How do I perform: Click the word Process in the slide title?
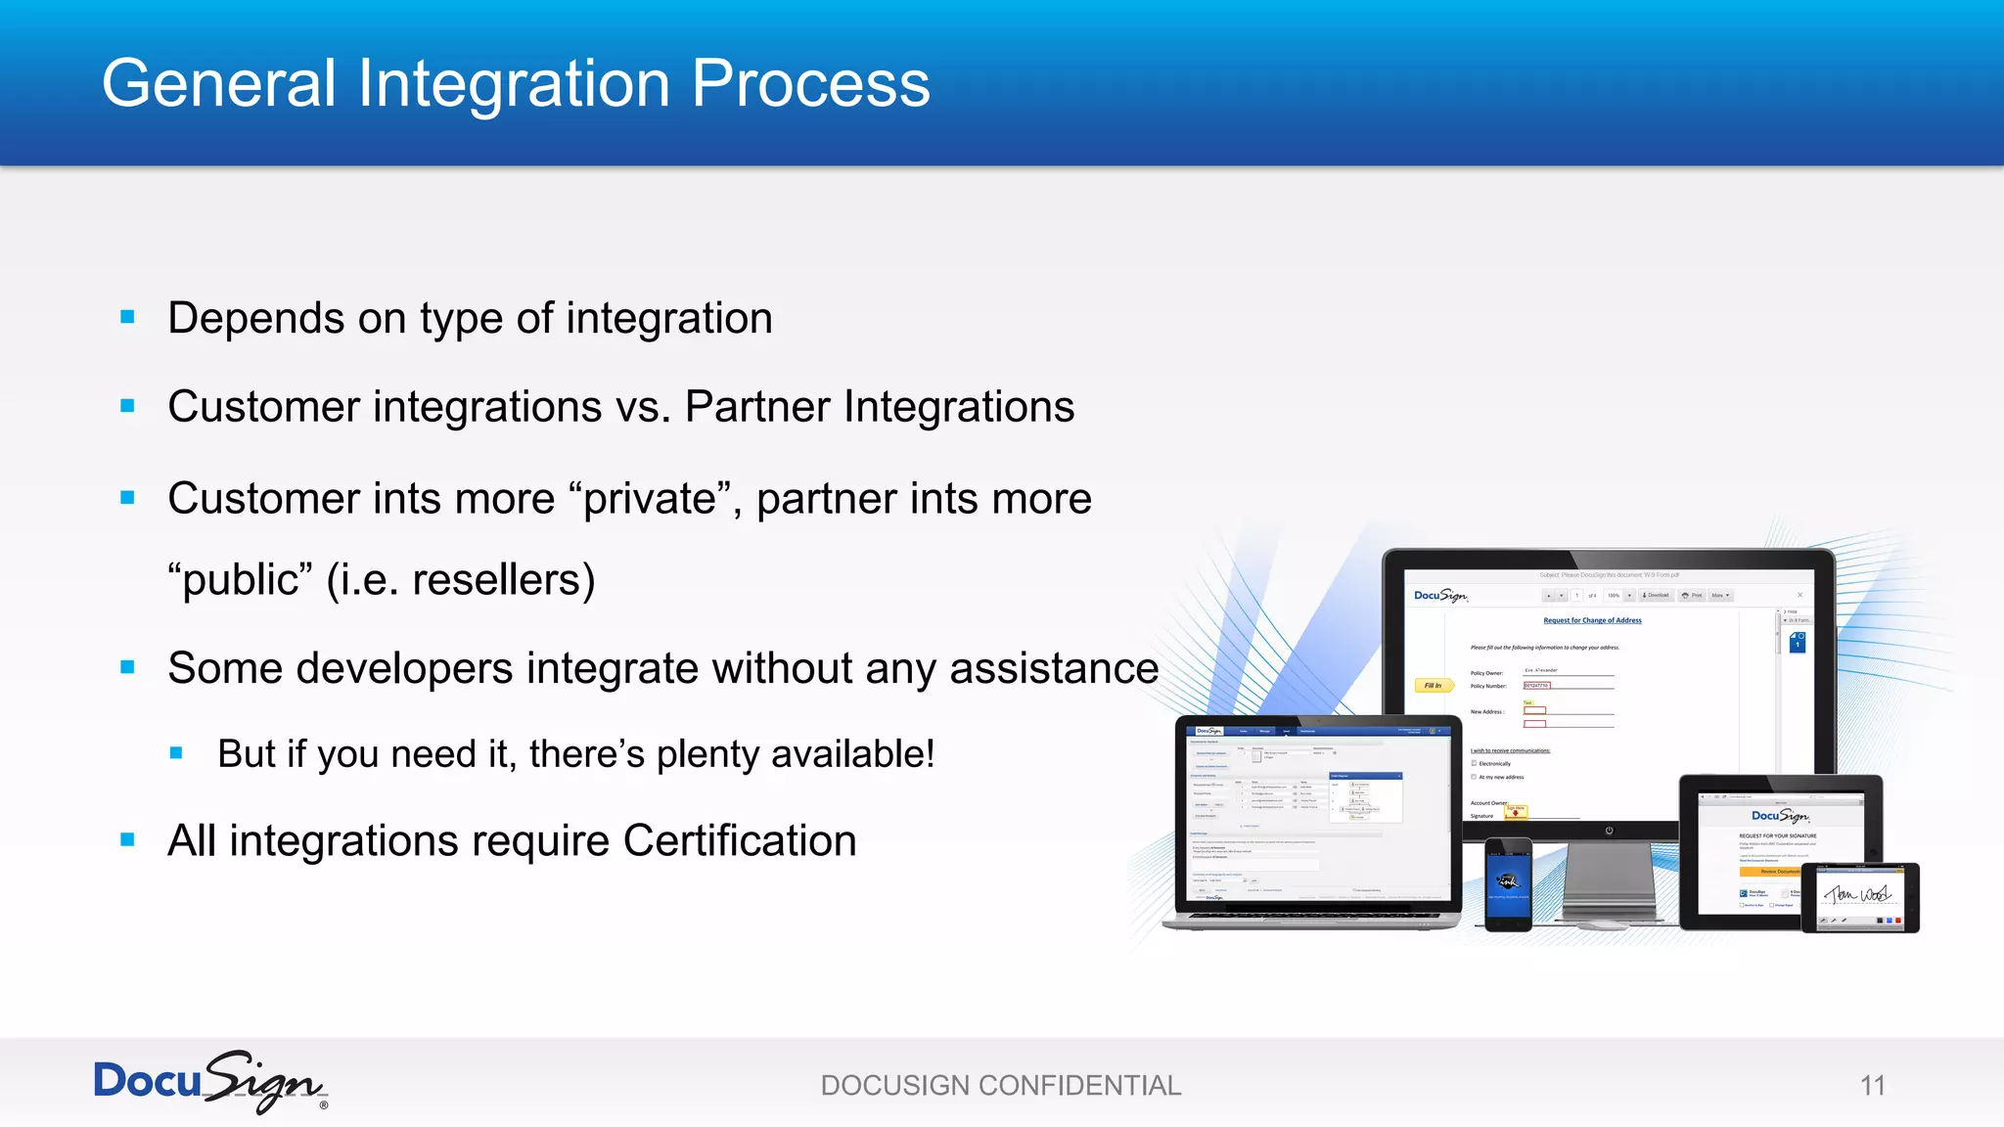[x=810, y=84]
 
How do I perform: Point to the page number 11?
[x=1872, y=1085]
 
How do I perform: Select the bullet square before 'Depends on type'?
[x=127, y=317]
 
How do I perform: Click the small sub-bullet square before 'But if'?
[x=176, y=752]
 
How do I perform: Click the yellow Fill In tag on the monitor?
[x=1432, y=686]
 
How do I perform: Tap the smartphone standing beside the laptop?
[x=1507, y=883]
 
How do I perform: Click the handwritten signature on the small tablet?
[x=1858, y=894]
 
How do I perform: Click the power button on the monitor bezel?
[x=1609, y=831]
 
